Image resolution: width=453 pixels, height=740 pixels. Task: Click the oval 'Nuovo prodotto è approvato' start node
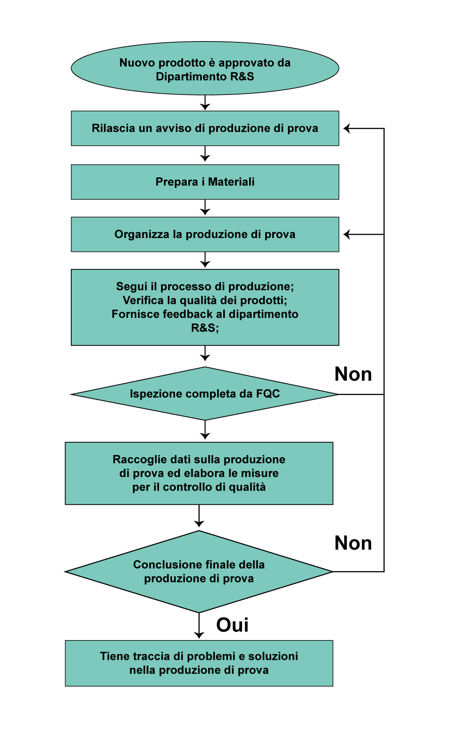click(205, 68)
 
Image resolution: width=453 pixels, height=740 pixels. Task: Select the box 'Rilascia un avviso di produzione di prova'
click(205, 128)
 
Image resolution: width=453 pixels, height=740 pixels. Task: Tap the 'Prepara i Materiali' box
click(205, 182)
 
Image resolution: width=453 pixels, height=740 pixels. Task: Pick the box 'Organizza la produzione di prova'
click(205, 234)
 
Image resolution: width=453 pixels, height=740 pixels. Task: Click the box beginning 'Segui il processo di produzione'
click(205, 308)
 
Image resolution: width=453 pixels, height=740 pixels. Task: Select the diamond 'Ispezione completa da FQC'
click(205, 394)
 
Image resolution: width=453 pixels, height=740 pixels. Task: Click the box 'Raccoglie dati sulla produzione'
click(199, 473)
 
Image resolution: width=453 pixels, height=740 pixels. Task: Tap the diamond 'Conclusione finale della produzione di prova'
click(199, 571)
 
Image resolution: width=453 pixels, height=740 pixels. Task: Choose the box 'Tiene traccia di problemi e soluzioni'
click(199, 663)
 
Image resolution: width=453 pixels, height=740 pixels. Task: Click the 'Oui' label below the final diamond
click(232, 625)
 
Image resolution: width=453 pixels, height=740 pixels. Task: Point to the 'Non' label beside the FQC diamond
click(353, 374)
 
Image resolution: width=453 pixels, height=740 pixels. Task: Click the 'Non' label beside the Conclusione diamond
click(353, 543)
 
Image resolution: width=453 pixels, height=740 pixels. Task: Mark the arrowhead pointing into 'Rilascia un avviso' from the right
click(346, 129)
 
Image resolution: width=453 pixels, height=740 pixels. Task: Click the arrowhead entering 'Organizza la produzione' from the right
click(346, 234)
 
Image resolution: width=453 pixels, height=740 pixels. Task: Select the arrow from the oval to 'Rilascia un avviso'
click(205, 103)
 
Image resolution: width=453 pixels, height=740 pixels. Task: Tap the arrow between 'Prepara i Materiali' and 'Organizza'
click(205, 208)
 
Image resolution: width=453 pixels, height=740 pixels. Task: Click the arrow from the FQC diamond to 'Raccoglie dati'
click(205, 430)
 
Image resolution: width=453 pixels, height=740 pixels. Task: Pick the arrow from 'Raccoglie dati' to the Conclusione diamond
click(199, 516)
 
